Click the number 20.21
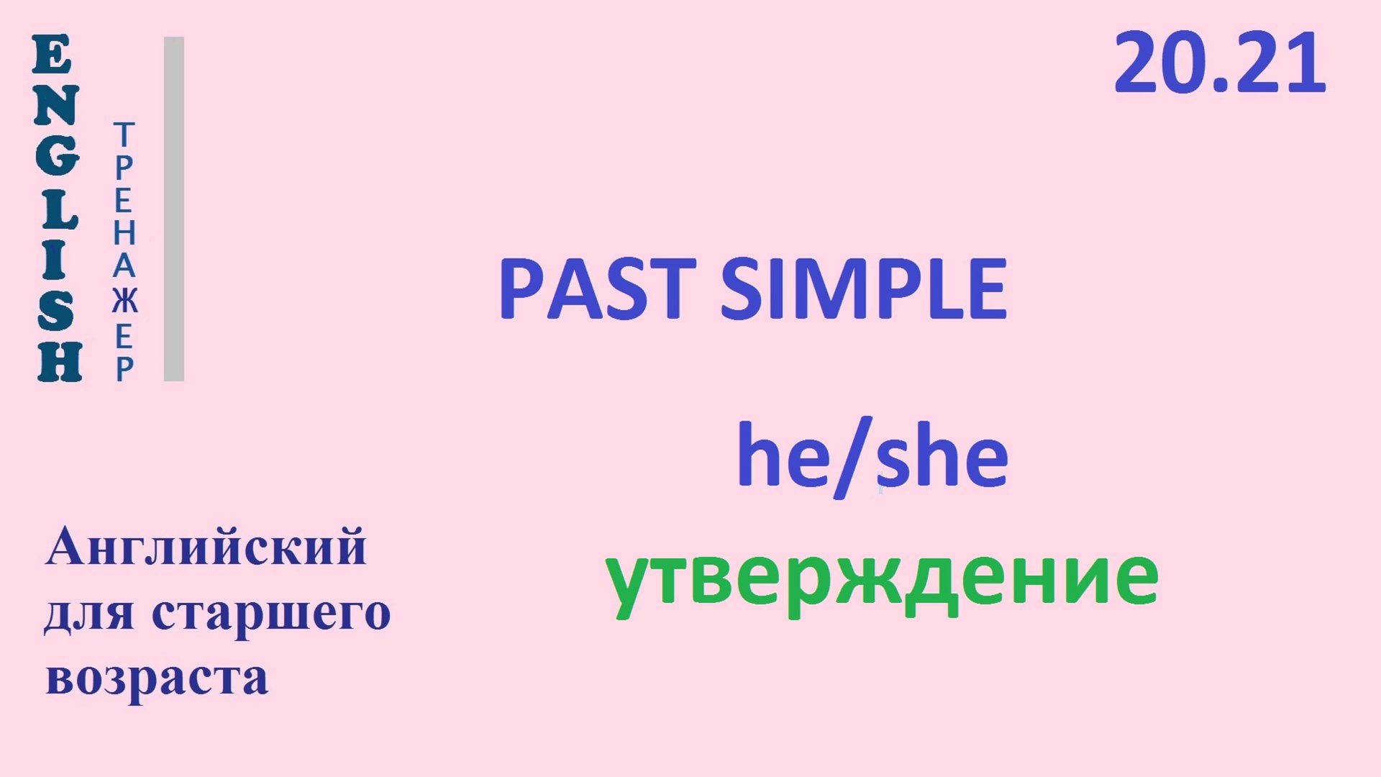click(x=1219, y=64)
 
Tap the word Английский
click(x=206, y=547)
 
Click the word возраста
click(x=157, y=677)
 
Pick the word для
click(x=88, y=614)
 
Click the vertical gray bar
click(x=174, y=209)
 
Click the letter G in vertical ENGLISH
click(x=56, y=157)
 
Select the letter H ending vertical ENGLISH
click(x=59, y=362)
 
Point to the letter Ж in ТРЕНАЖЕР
click(x=124, y=301)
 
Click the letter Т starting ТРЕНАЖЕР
click(x=124, y=135)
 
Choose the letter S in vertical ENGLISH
click(x=56, y=312)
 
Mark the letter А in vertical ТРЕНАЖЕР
click(x=124, y=265)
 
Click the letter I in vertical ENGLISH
click(x=55, y=260)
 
